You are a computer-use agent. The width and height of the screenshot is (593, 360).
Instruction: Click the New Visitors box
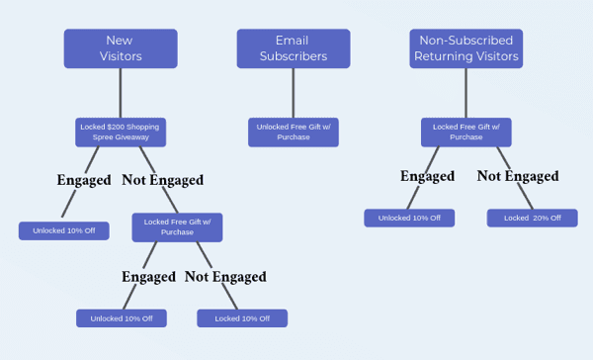point(121,48)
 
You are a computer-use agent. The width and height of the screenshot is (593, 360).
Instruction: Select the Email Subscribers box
point(294,48)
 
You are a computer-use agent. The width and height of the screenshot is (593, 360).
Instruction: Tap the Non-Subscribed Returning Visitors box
point(466,48)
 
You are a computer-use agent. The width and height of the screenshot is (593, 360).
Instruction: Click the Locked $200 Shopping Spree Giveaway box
point(121,133)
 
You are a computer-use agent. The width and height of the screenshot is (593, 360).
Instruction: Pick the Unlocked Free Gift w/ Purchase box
point(294,133)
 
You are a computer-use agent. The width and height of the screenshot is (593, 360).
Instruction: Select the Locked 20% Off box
point(532,218)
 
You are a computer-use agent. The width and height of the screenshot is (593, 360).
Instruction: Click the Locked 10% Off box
point(242,318)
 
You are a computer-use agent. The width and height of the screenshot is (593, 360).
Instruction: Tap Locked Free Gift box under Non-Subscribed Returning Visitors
point(466,133)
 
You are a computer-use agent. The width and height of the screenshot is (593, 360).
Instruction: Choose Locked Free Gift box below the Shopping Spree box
point(177,227)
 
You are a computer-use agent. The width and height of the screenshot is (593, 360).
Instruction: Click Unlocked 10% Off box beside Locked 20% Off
point(409,218)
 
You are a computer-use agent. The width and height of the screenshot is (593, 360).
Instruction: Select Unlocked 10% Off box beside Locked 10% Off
point(122,318)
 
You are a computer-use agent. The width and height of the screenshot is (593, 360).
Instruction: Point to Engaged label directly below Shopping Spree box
point(84,180)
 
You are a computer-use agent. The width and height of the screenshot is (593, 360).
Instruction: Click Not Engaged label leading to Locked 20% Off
point(518,176)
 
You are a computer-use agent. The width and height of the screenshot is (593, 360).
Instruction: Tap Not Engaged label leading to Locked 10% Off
point(225,277)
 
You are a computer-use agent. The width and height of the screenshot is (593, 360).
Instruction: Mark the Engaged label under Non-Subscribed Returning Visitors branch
point(427,176)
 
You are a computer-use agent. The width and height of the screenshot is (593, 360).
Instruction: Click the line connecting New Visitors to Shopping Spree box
point(121,93)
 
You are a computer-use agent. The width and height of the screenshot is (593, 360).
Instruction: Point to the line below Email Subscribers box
point(294,93)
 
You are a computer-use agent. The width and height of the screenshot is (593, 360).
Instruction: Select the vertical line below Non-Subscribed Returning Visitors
point(466,93)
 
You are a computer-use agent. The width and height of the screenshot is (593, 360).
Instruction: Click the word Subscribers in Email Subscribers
point(294,56)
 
